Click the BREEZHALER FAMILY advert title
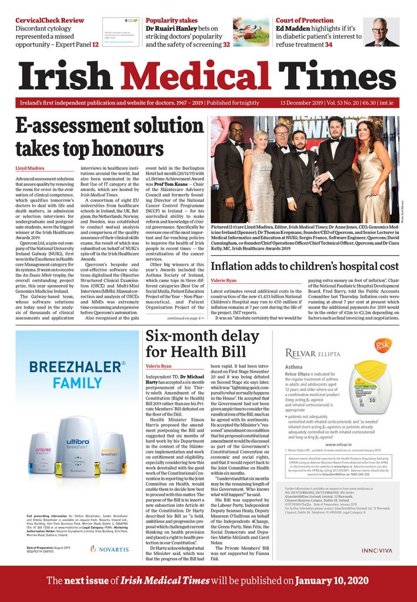(x=78, y=374)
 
